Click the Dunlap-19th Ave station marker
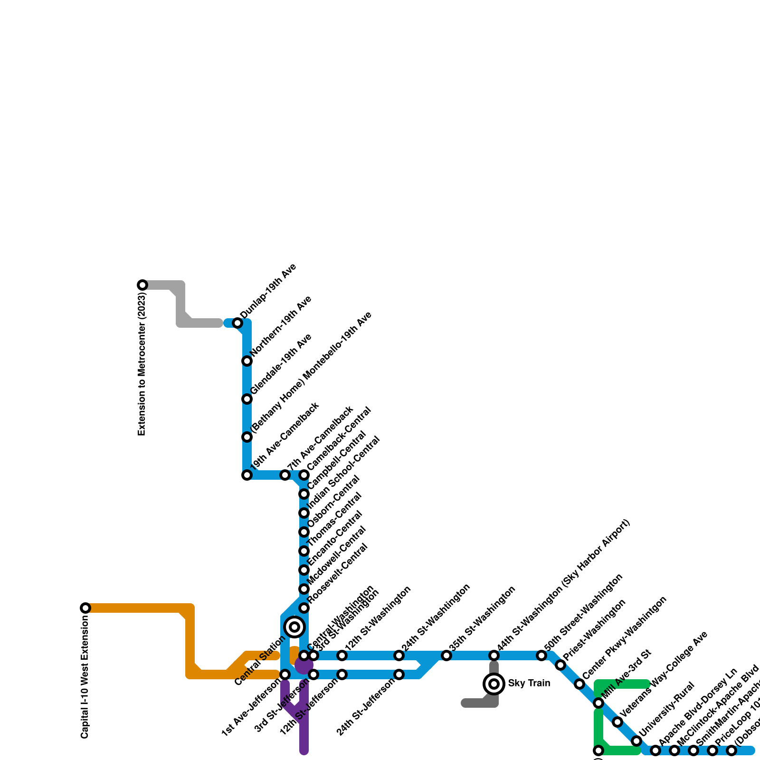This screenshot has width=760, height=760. point(237,323)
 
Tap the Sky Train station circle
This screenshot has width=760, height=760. point(494,684)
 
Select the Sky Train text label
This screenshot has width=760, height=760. point(529,684)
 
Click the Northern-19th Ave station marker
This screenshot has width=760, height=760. point(247,361)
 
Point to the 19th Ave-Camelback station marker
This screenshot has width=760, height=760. point(247,475)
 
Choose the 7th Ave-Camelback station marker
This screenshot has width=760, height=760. point(285,475)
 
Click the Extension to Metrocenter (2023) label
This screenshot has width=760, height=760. point(142,364)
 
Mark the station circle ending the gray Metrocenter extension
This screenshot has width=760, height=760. point(142,285)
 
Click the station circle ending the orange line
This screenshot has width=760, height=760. point(85,608)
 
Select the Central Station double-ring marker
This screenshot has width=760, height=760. point(294,627)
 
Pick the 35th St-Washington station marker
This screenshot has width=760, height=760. point(446,655)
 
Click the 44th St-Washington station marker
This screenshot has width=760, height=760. point(494,655)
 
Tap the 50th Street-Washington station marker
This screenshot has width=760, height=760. point(541,655)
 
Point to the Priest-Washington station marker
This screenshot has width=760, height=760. point(560,665)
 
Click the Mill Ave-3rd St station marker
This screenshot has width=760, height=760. point(598,703)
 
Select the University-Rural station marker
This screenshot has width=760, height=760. point(636,741)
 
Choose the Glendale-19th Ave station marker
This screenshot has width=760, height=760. point(247,399)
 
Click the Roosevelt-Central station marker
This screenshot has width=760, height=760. point(304,608)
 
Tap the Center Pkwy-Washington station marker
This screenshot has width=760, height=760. point(579,684)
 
